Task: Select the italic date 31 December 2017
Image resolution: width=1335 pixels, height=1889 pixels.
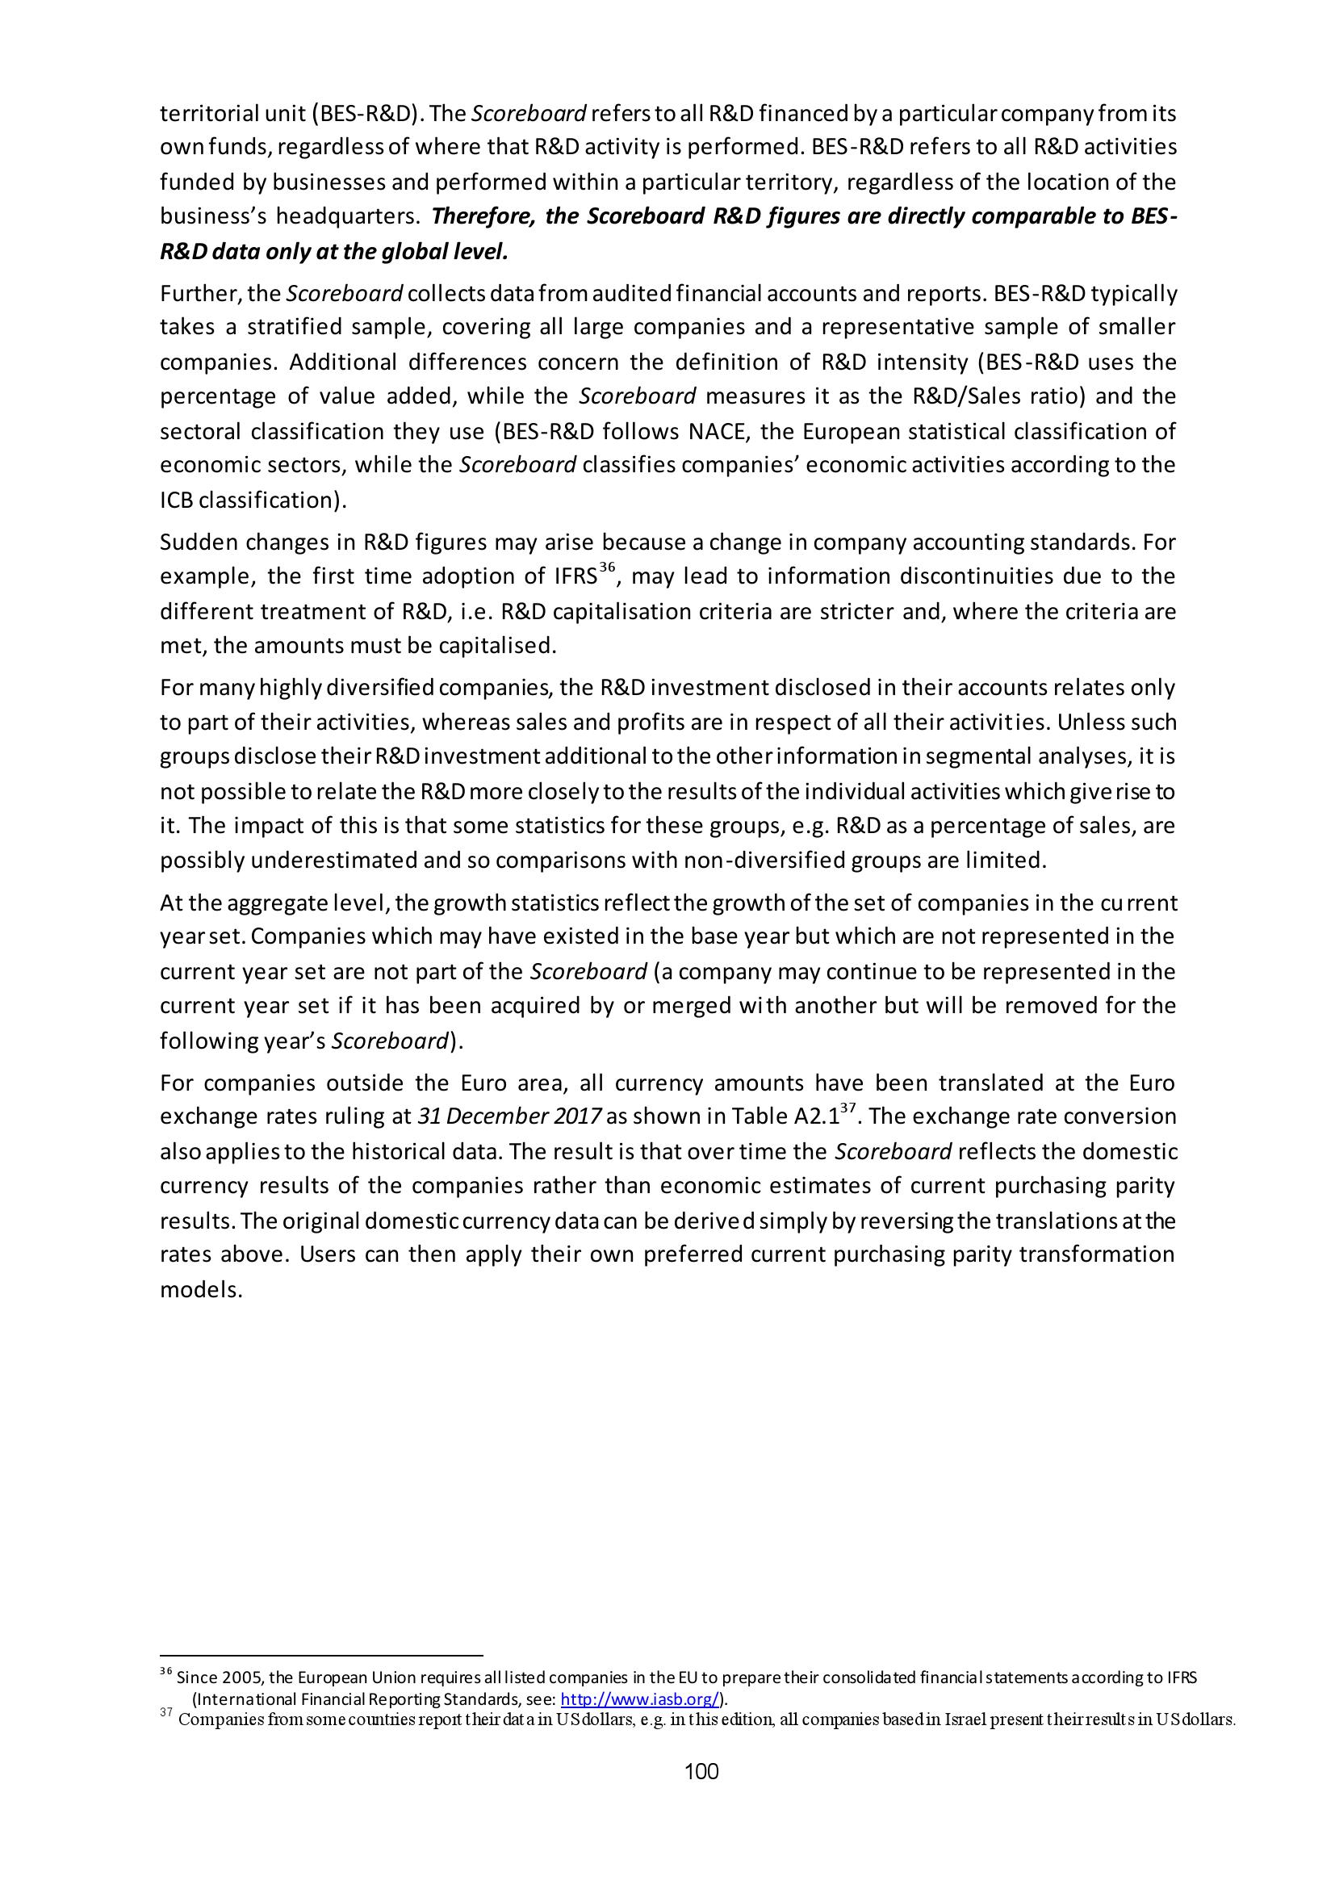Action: point(510,1116)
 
